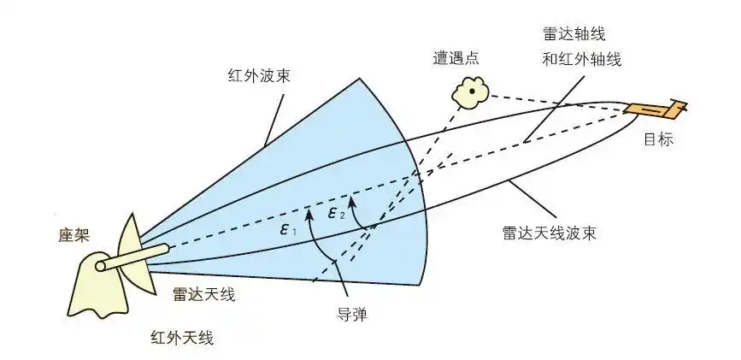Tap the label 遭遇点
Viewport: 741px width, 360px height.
tap(457, 58)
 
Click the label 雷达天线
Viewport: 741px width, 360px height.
tap(203, 295)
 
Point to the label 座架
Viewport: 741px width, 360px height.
tap(63, 235)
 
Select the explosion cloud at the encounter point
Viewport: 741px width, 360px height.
tap(471, 91)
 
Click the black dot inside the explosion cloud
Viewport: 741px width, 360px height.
tap(471, 91)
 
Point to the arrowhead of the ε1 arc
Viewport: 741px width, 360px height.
tap(307, 207)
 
